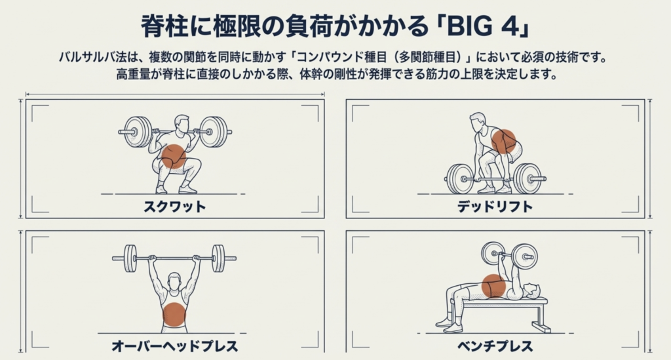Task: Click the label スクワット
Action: point(174,207)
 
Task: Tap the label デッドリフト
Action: point(495,207)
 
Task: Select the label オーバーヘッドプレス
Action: point(174,346)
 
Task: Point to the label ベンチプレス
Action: point(495,346)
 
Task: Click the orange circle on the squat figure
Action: point(174,157)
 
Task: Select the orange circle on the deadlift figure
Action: point(504,142)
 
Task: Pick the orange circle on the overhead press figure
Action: point(174,315)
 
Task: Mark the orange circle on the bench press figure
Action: point(494,286)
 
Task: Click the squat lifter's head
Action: point(182,123)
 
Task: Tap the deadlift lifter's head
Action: point(478,121)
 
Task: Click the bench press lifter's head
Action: point(531,290)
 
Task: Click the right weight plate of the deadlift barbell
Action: point(524,178)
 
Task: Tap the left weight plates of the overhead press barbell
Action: point(130,258)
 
